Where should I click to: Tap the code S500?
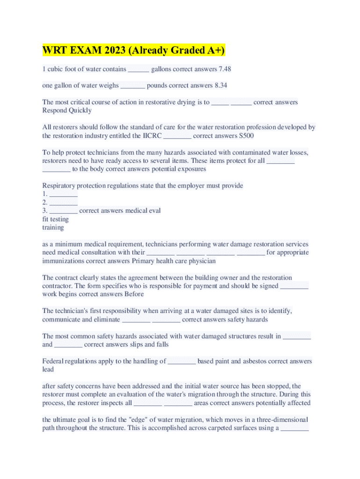point(247,136)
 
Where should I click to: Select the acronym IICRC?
point(152,136)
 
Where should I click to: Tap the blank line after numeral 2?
point(63,203)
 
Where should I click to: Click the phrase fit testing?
point(55,219)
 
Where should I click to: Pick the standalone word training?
point(53,227)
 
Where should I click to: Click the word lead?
point(48,370)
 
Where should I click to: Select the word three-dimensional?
point(274,420)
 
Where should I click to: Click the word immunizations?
point(63,261)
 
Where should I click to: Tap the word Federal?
point(54,361)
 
